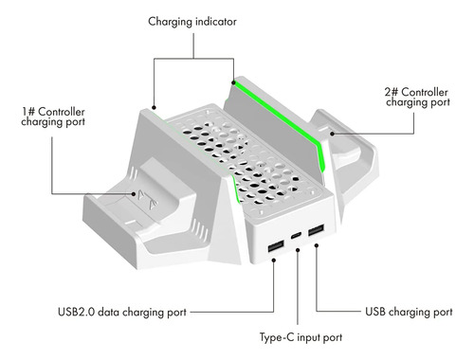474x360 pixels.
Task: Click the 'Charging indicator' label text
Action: pos(192,22)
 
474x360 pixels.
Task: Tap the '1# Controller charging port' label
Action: pos(53,117)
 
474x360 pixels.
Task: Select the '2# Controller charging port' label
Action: pos(417,98)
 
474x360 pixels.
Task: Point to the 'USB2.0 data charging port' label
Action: pos(122,313)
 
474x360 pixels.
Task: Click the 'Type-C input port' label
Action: pos(301,337)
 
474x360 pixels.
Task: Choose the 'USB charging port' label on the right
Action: pos(409,312)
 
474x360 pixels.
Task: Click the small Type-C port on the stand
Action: pos(297,235)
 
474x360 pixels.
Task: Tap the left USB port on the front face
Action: pos(276,246)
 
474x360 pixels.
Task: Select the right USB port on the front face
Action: pos(316,230)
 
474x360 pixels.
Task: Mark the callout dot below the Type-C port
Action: pos(298,250)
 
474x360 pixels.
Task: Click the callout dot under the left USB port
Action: pos(274,261)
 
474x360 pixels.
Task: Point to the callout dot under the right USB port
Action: pos(317,245)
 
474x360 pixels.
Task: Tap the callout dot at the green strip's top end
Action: pos(233,82)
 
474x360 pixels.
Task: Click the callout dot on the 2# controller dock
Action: pos(332,134)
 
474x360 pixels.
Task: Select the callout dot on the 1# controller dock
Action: pos(134,194)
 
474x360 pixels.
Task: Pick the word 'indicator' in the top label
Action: pos(216,22)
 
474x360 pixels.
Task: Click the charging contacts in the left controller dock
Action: pos(145,200)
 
